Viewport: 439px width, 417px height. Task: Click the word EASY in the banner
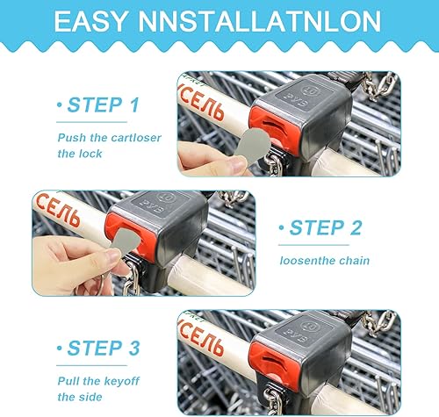tap(90, 21)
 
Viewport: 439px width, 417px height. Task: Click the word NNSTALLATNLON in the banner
tap(260, 21)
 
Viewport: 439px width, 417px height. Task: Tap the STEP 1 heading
tap(103, 104)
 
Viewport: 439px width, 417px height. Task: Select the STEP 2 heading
tap(326, 227)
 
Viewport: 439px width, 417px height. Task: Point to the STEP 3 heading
tap(104, 349)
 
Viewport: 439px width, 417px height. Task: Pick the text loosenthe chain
tap(325, 261)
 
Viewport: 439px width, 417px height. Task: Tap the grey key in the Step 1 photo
tap(252, 146)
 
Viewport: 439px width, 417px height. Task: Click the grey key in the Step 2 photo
tap(126, 240)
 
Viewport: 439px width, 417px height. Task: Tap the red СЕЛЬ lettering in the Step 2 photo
tap(58, 210)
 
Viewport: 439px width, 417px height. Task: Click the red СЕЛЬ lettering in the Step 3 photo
tap(201, 337)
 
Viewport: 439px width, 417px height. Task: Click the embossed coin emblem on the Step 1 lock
tap(310, 90)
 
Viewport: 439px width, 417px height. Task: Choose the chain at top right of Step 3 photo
tap(379, 322)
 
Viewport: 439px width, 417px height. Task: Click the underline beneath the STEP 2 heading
tap(313, 245)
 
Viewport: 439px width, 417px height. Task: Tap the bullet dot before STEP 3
tap(60, 348)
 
